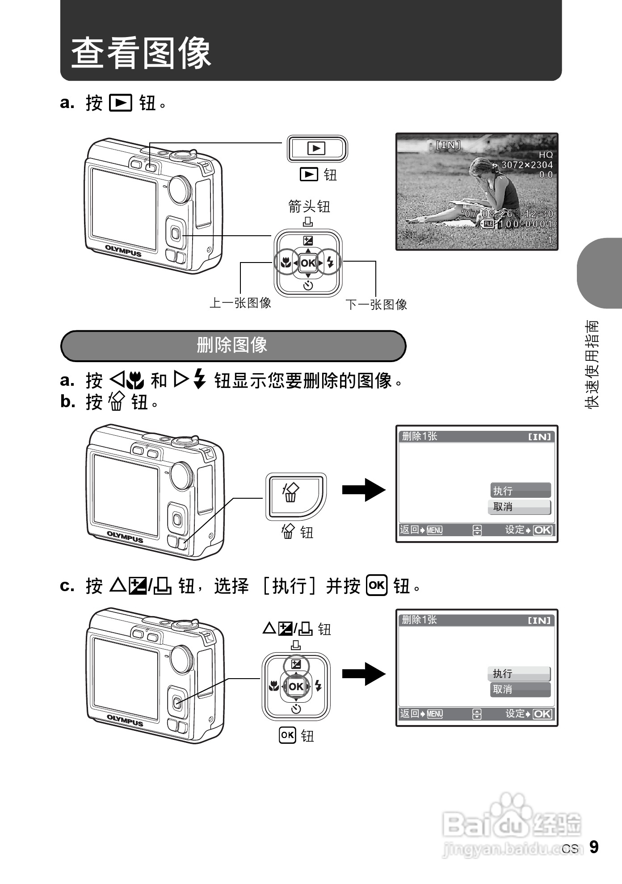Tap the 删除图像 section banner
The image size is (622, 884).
pos(233,346)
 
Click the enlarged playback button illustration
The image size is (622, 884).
pos(317,148)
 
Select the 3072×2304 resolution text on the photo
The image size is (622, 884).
pos(527,165)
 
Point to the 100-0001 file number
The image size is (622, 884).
pos(525,224)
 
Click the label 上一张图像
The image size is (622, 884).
pos(240,303)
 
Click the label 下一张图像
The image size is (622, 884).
pos(376,305)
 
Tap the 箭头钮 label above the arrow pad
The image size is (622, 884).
pos(309,206)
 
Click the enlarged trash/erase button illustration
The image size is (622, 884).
pos(296,496)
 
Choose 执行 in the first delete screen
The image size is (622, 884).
pos(520,491)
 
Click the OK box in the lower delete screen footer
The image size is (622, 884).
pos(542,714)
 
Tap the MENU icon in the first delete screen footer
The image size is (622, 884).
pos(434,530)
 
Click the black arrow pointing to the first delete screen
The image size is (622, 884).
pos(363,490)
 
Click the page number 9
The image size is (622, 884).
pos(593,847)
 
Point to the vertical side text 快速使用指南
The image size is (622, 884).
pos(592,364)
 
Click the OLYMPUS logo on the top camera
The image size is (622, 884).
pos(123,251)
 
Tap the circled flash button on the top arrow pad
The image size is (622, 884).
pos(330,262)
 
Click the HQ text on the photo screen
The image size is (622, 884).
pos(546,155)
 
